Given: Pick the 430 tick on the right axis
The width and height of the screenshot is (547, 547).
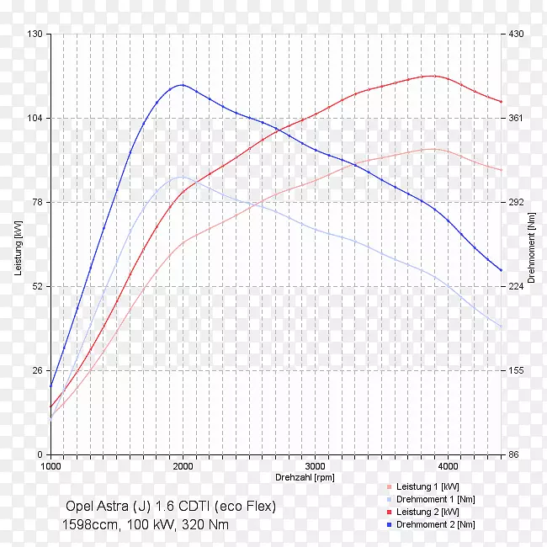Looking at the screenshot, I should coord(514,34).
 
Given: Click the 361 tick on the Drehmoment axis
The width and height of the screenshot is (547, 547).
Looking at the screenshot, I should coord(514,118).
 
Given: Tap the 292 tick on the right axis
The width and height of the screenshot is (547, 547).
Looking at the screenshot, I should coord(514,202).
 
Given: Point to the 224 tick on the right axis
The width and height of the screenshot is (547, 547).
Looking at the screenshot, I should coord(514,286).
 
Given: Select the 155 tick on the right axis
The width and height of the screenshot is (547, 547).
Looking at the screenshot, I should coord(514,370).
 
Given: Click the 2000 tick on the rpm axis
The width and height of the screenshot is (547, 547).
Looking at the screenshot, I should coord(183,465).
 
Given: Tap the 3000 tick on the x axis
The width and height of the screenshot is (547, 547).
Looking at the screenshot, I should coord(315,465).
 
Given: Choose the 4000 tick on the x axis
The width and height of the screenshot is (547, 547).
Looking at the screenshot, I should coord(447,465).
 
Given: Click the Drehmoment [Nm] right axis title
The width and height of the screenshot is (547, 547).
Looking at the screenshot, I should coord(531,247).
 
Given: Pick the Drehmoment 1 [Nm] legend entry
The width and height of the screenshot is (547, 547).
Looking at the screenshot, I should coord(435,499).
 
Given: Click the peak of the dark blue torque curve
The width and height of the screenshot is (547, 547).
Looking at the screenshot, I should coord(181,85).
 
